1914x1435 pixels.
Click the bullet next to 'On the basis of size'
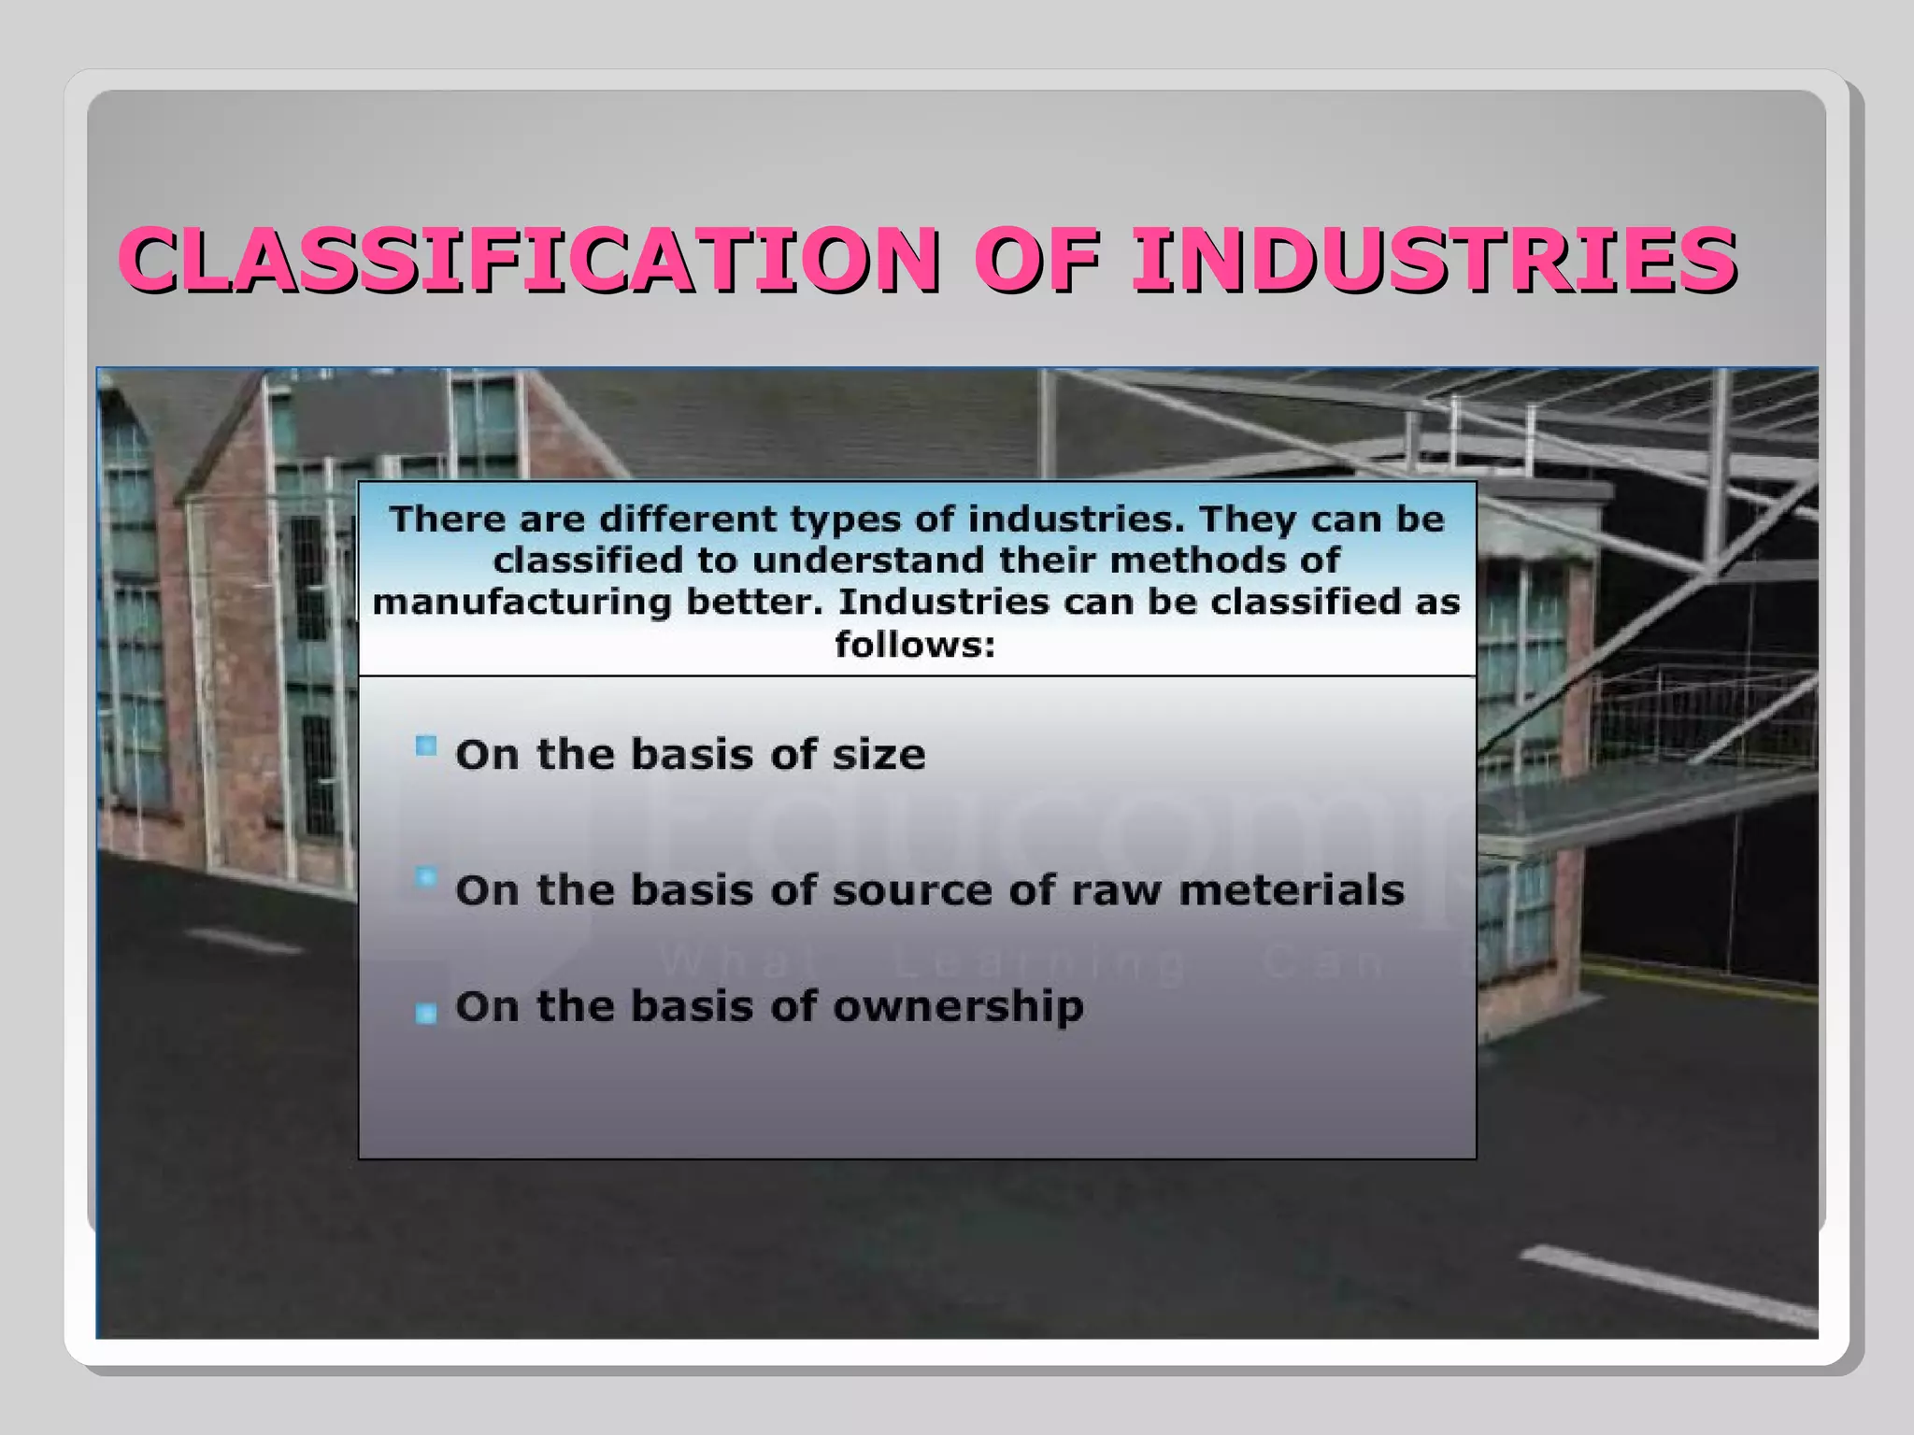[426, 746]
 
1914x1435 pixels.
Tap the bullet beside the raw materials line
[426, 878]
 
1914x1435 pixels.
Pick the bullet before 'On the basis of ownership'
[426, 1013]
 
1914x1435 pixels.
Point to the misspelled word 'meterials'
[1292, 890]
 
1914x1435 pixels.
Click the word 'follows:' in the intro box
[915, 644]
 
